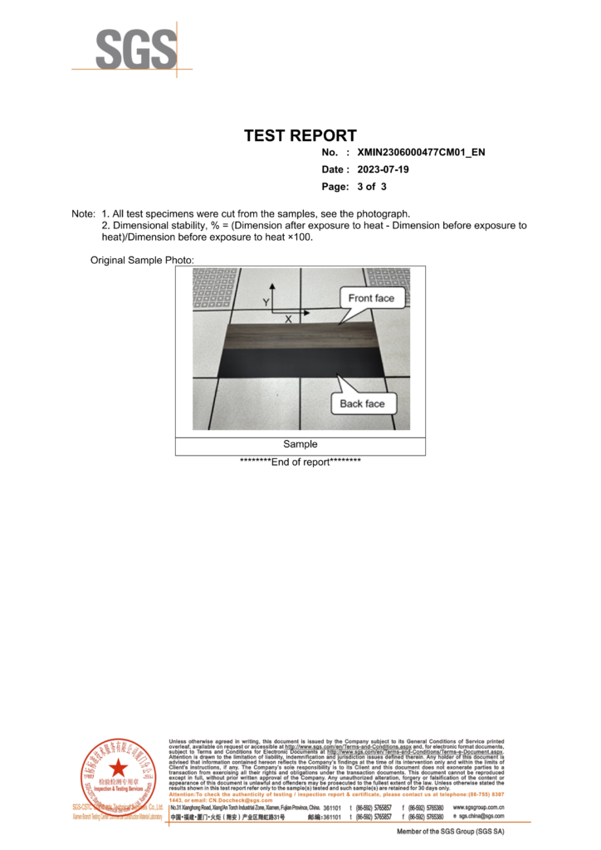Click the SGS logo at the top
(x=135, y=51)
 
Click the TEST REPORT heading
(x=300, y=135)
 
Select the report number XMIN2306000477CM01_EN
(x=421, y=154)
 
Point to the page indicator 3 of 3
(x=372, y=187)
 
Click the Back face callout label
(x=363, y=403)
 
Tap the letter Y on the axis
(x=266, y=302)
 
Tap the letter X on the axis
(x=288, y=319)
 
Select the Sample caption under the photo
(x=300, y=445)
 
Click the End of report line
(x=300, y=462)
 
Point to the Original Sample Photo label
(x=141, y=261)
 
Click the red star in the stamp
(x=119, y=768)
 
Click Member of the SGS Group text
(x=451, y=832)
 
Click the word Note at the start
(x=83, y=214)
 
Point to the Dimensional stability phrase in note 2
(x=158, y=226)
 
